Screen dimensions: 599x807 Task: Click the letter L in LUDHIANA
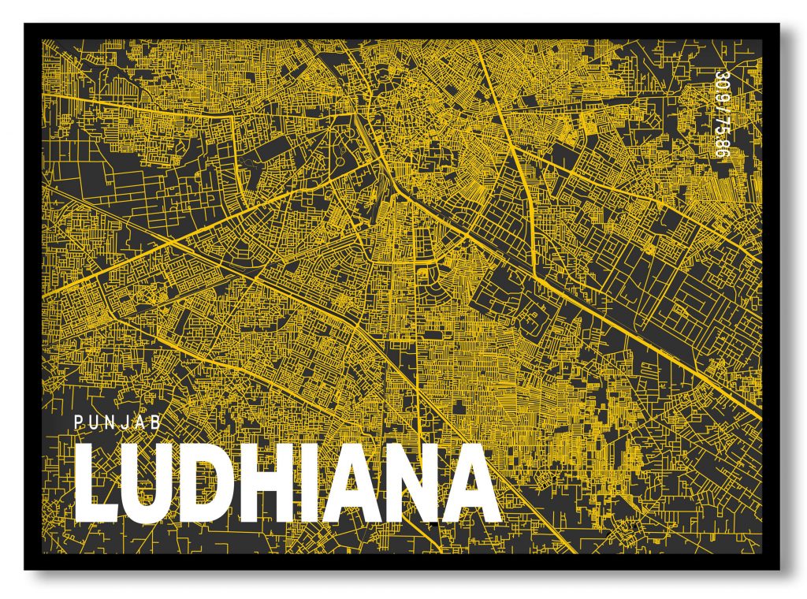(x=97, y=482)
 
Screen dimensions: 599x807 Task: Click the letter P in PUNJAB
(x=79, y=422)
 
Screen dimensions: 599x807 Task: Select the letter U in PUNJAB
(x=95, y=422)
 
